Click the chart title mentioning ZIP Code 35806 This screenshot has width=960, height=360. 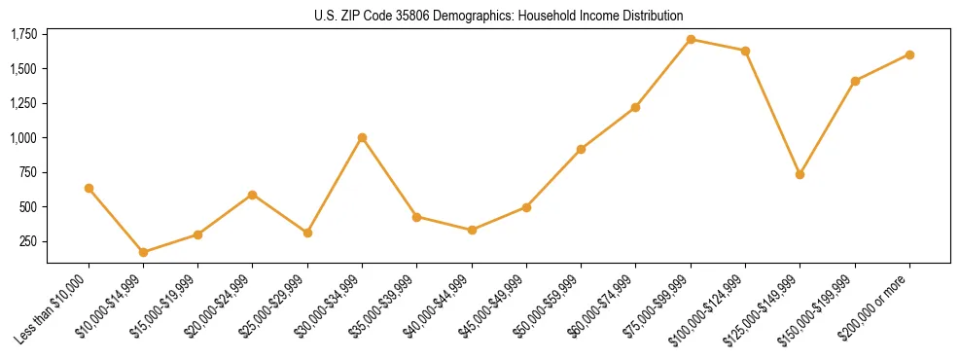tap(498, 17)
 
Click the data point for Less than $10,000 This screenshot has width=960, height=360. tap(89, 188)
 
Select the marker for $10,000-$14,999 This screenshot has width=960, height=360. tap(143, 252)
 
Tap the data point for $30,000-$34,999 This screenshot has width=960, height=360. tap(362, 137)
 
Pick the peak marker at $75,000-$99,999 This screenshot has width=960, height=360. tap(691, 39)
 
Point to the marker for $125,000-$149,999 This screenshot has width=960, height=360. tap(800, 174)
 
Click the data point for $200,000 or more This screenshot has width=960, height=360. tap(909, 54)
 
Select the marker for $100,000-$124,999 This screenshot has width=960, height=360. tap(745, 51)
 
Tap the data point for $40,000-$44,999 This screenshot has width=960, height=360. tap(472, 230)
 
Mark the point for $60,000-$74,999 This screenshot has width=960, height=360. tap(635, 107)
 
